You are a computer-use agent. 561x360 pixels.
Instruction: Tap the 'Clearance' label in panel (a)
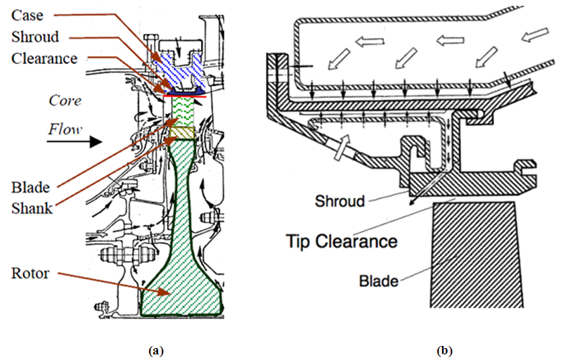[x=44, y=58]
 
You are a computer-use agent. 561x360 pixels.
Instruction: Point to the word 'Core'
[x=64, y=101]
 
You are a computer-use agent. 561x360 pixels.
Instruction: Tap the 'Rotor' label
[x=30, y=273]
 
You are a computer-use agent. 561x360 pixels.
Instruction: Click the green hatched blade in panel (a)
[x=186, y=109]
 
